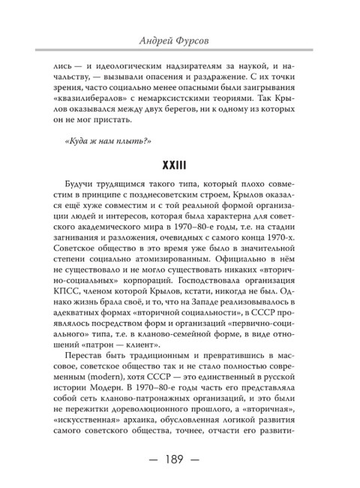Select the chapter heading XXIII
pos(179,164)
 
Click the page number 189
pos(179,457)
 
